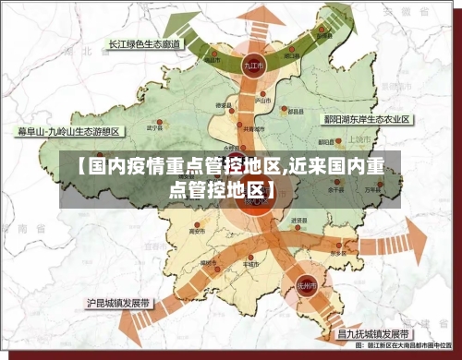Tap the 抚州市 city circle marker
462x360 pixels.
tap(307, 286)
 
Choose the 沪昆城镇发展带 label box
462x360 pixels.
tap(119, 302)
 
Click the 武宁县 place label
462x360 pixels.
tap(154, 126)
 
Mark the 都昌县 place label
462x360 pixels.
tap(295, 112)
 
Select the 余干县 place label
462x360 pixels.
tap(334, 192)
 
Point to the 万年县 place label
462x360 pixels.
tap(371, 189)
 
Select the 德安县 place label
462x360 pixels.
tap(223, 106)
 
